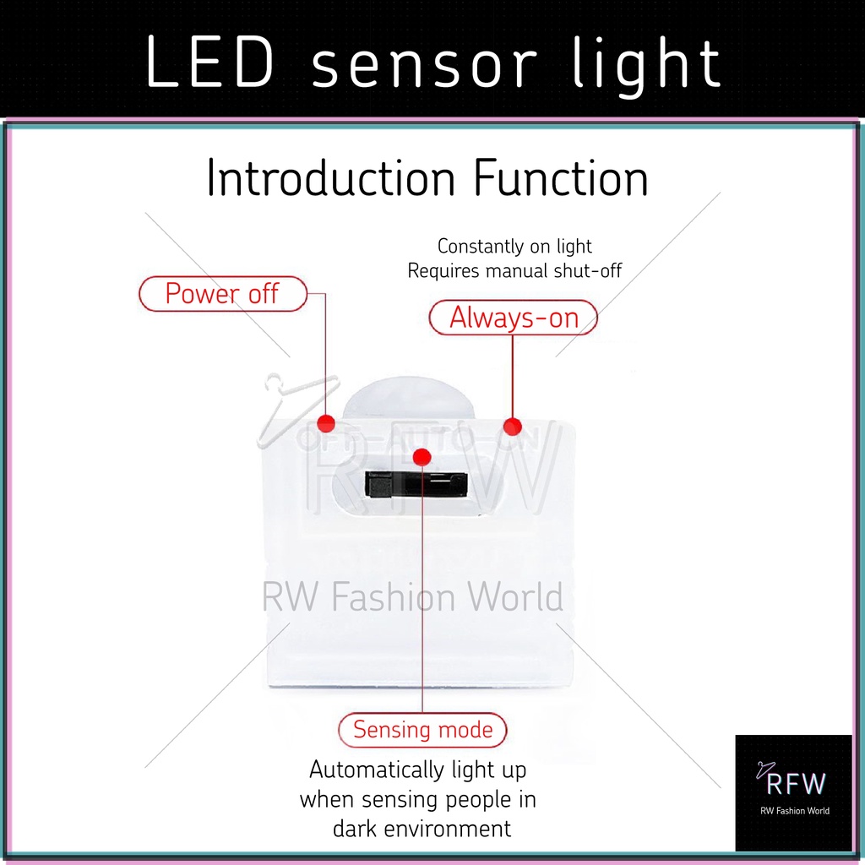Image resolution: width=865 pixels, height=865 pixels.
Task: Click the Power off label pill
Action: tap(222, 294)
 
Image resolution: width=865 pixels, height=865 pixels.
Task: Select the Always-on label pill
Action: tap(514, 318)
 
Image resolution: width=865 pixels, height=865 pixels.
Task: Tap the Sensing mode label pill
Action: tap(422, 729)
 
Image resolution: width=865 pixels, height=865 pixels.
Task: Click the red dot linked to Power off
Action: tap(326, 423)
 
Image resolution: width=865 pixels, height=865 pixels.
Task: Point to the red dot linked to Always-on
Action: tap(513, 425)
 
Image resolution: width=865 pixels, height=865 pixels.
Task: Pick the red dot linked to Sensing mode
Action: tap(422, 457)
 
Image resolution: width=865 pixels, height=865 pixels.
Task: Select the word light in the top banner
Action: tap(646, 65)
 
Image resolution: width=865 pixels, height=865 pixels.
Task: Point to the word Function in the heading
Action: tap(561, 179)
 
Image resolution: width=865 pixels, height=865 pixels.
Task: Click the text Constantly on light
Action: tap(514, 247)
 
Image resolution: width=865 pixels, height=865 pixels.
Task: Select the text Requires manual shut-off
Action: tap(514, 271)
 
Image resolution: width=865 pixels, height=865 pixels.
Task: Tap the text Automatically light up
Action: tap(417, 770)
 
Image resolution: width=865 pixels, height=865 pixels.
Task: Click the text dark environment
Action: tap(422, 829)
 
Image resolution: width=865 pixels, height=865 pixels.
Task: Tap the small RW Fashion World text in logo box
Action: tap(794, 811)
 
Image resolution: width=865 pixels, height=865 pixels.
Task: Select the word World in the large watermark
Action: tap(515, 597)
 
